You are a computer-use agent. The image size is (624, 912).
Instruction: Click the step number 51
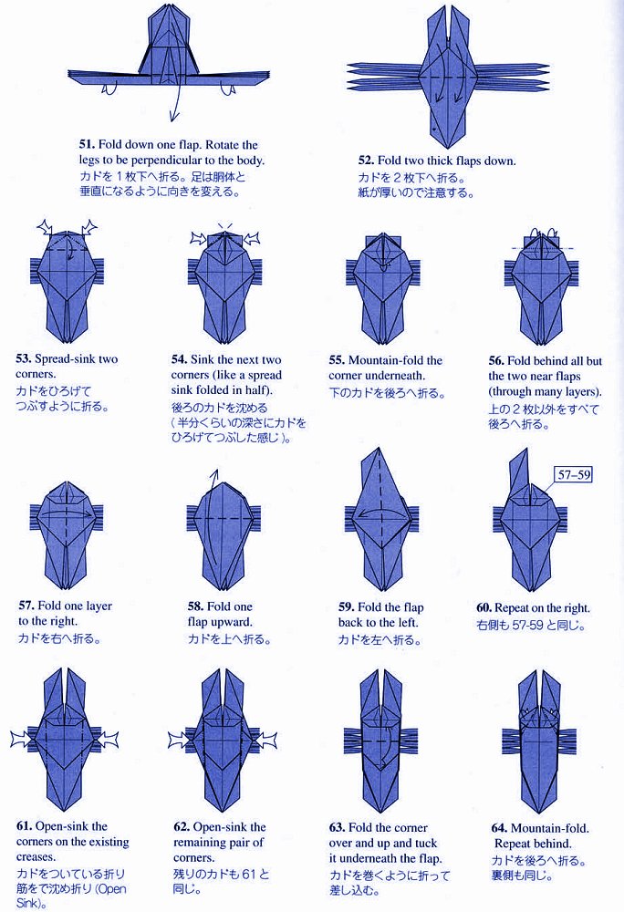(88, 144)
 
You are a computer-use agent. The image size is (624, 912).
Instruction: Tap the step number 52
(367, 161)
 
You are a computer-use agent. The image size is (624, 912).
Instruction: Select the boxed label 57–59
(574, 474)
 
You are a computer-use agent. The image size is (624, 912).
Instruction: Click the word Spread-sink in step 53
(65, 358)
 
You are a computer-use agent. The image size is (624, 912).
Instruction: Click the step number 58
(195, 606)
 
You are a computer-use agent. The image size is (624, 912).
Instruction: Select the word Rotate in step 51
(223, 144)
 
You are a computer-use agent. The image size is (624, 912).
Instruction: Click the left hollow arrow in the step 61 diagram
(25, 740)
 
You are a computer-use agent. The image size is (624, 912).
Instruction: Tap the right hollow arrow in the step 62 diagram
(263, 741)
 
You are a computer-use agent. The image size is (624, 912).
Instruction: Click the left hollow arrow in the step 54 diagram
(199, 238)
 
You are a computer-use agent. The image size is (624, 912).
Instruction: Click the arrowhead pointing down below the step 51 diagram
(172, 118)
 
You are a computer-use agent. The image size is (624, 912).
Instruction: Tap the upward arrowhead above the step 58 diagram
(215, 472)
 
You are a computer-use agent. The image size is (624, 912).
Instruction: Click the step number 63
(337, 828)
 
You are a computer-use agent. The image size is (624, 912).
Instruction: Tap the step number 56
(496, 360)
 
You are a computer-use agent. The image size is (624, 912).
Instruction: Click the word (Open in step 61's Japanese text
(109, 888)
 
